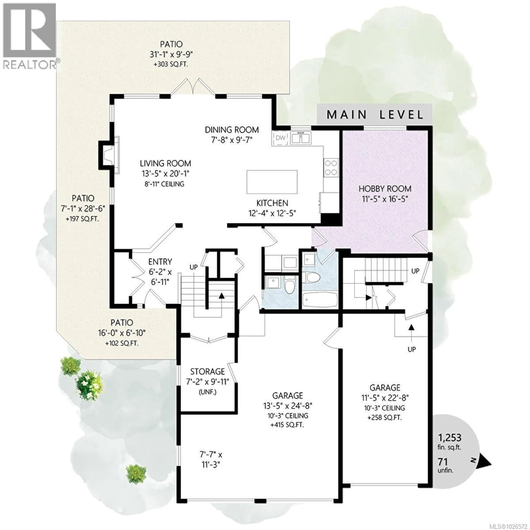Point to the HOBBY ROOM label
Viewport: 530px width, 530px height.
pos(385,189)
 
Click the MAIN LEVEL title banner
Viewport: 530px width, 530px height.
pos(375,114)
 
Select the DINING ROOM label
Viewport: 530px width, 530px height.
pos(232,130)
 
